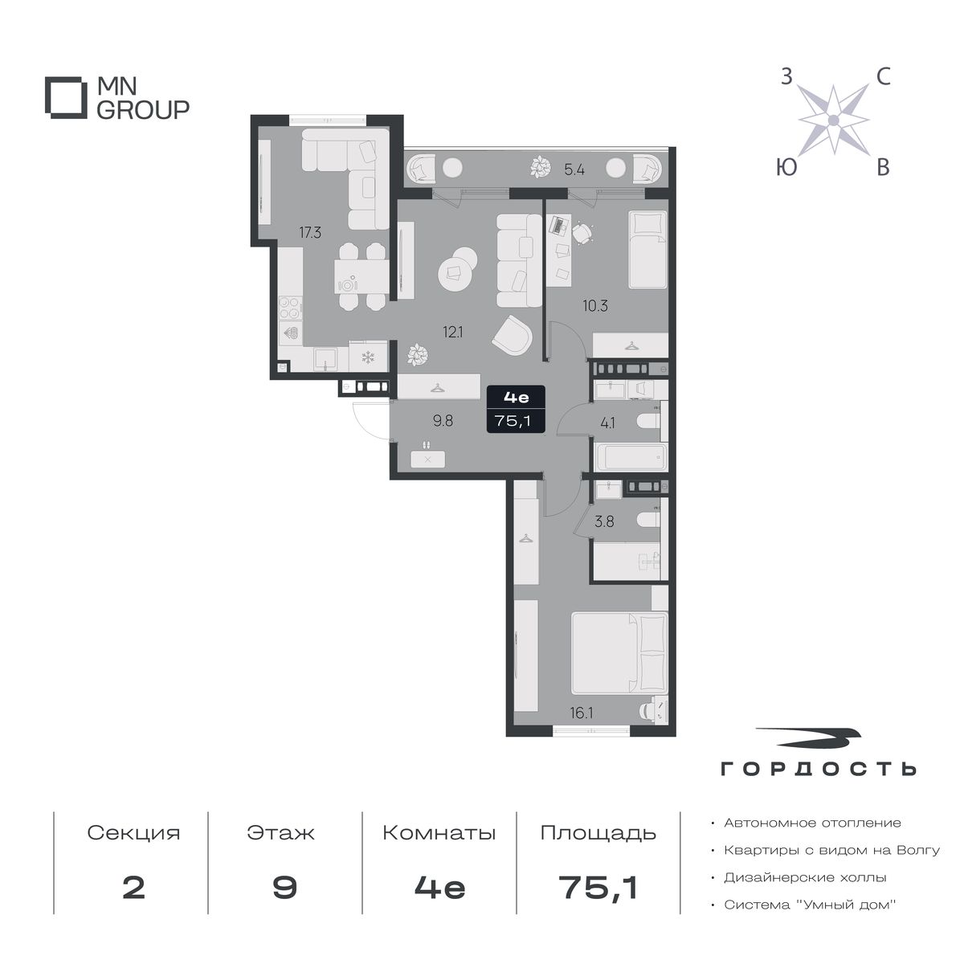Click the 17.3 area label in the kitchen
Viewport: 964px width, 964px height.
pos(309,233)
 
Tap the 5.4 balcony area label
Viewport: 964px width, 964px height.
pos(574,170)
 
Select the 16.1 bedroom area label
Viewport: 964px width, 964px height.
pos(582,713)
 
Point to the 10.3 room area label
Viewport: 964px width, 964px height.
pos(594,305)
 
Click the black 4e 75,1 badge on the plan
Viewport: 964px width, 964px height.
pos(516,409)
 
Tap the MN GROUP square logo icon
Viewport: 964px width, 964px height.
pos(63,97)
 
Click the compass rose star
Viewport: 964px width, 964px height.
pos(833,120)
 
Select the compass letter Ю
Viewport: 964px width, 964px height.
pos(786,168)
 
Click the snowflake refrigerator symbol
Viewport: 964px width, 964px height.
pos(368,357)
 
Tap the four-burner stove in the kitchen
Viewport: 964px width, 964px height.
pos(290,308)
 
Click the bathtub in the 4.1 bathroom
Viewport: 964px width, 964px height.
pos(631,457)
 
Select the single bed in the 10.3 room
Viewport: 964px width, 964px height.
pos(648,248)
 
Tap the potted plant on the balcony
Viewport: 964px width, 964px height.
pos(541,167)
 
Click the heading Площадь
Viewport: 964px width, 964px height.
pos(598,833)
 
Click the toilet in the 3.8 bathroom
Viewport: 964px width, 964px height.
pos(649,521)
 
